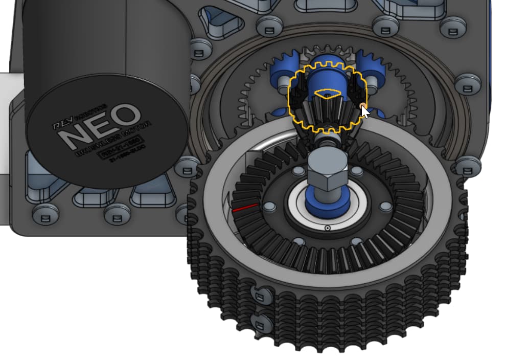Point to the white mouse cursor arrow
(x=364, y=110)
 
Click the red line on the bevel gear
(x=245, y=208)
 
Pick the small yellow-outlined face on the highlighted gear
(x=327, y=94)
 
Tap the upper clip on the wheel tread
(x=260, y=294)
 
